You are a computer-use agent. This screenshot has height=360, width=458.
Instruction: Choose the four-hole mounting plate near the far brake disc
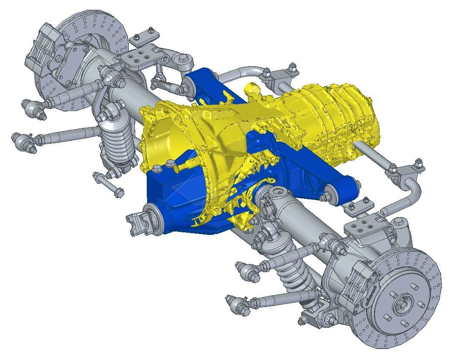click(x=138, y=59)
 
